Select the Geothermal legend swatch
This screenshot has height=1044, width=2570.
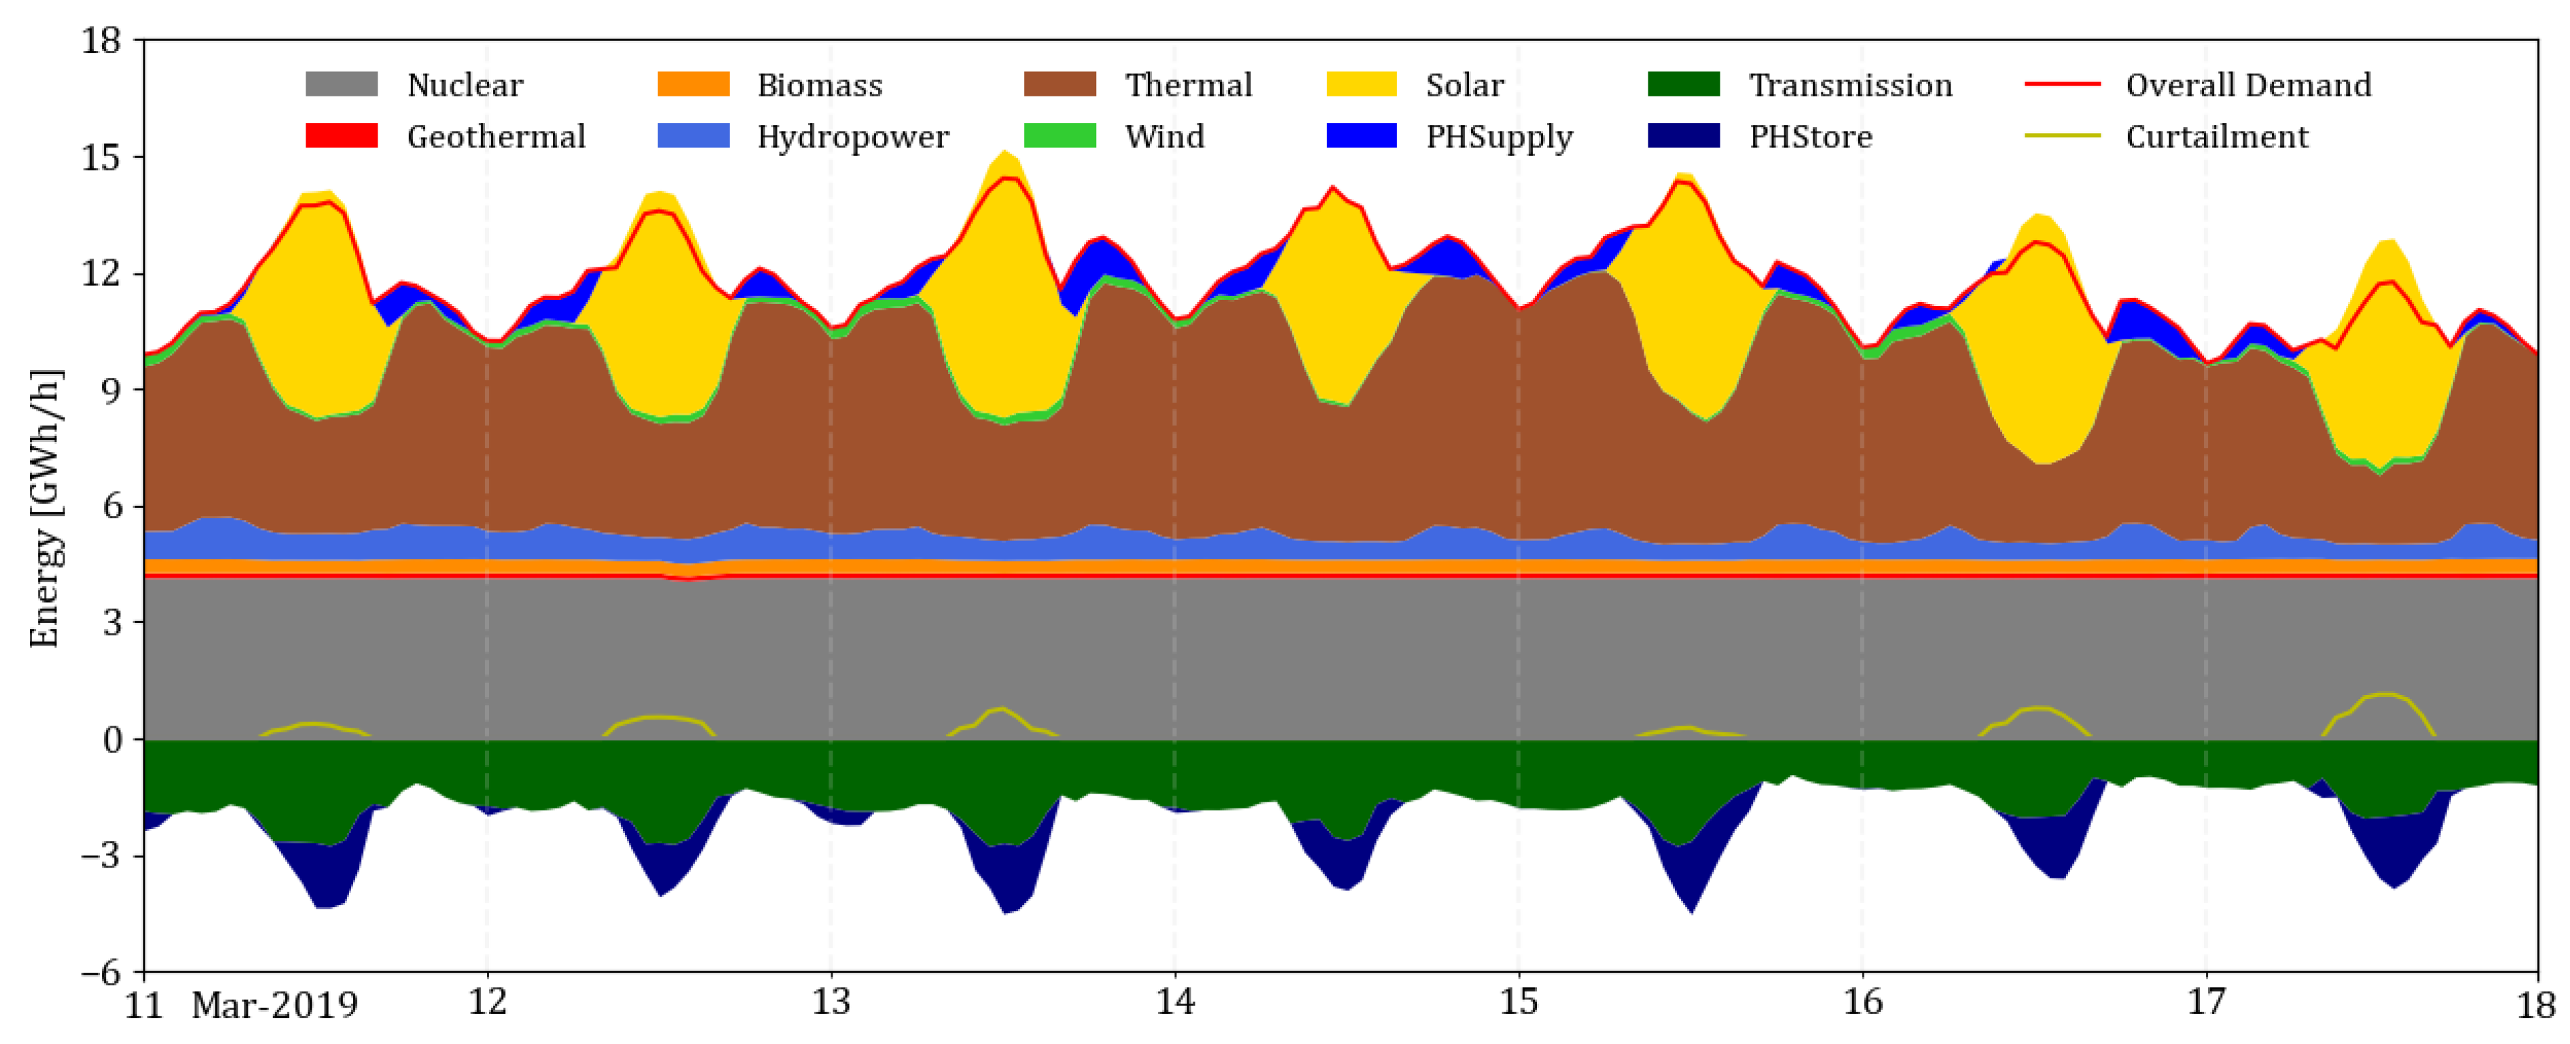tap(341, 136)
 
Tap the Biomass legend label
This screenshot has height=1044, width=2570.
tap(819, 86)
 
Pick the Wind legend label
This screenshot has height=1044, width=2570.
tap(1164, 136)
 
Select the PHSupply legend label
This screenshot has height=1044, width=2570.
tap(1498, 136)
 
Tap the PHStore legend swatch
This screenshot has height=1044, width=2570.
tap(1684, 136)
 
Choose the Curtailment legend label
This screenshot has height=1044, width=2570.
tap(2217, 136)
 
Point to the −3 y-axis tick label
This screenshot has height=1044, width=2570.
tap(96, 855)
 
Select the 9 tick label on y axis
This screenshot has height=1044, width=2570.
tap(110, 390)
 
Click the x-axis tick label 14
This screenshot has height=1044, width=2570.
tap(1174, 1002)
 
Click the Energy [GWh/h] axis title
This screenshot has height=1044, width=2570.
tap(44, 508)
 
